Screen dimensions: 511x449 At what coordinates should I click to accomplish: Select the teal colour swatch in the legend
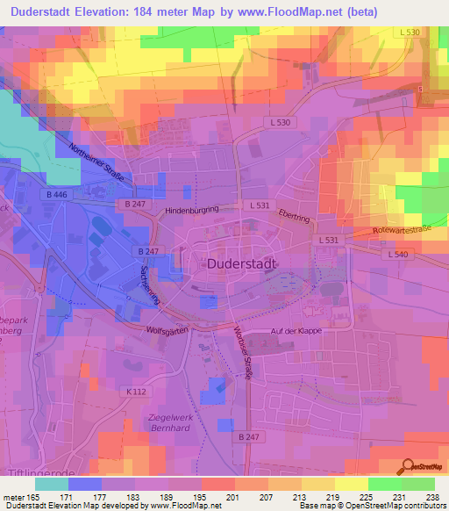tap(51, 483)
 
